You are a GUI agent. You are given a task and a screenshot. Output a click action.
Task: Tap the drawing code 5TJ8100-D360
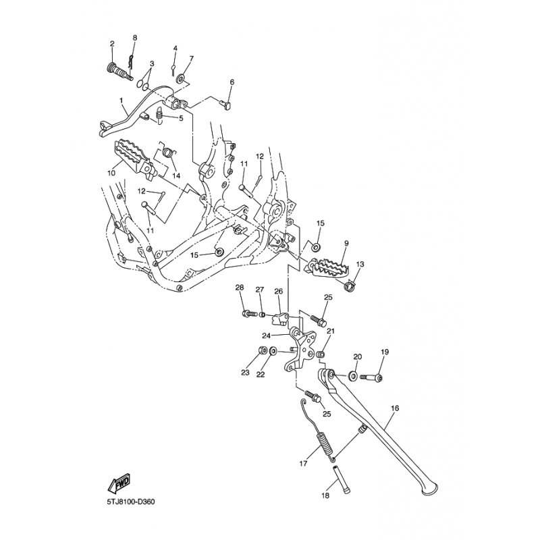pos(131,502)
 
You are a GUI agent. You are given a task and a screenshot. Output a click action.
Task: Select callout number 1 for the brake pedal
pos(122,100)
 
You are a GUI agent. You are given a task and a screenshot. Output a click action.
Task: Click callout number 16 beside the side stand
pos(395,408)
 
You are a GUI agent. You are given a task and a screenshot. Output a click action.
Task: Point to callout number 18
pos(325,495)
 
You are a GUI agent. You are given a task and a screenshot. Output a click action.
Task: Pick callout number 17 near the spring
pos(303,464)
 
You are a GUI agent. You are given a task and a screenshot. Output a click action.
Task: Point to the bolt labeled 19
pos(371,378)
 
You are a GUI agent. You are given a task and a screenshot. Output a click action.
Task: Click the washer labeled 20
pos(352,376)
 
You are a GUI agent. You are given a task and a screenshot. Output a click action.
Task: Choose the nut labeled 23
pos(262,351)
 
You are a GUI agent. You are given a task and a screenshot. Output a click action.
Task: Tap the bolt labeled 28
pos(249,314)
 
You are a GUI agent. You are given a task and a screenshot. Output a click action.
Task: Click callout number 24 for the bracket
pos(267,335)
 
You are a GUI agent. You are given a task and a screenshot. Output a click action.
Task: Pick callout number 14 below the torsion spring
pos(176,175)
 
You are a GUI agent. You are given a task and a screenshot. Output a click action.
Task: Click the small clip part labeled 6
pos(226,103)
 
